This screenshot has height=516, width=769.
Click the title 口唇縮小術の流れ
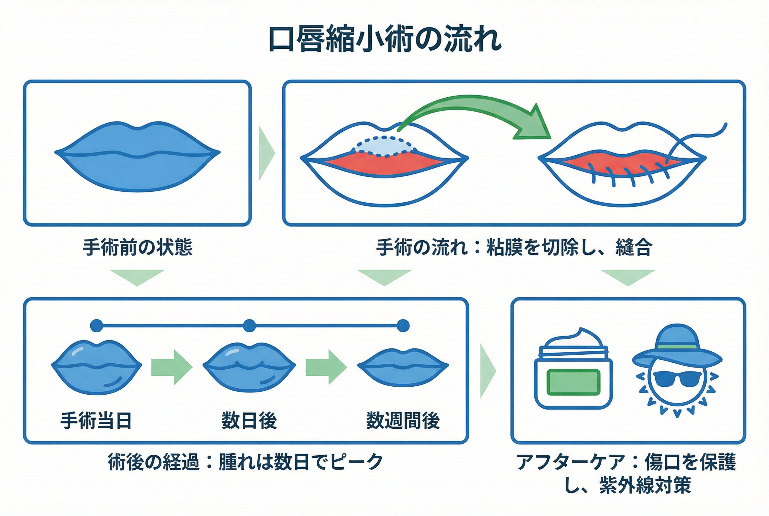384,40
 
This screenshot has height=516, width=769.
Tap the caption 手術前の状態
137,247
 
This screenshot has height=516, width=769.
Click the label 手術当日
96,420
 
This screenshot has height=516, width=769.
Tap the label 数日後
249,420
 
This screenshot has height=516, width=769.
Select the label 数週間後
403,420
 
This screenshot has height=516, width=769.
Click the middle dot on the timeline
249,326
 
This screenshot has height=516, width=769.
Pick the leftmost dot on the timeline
96,326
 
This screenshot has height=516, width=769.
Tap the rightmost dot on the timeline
403,326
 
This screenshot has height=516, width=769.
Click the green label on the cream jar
573,382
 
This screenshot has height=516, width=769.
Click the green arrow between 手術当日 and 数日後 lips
172,367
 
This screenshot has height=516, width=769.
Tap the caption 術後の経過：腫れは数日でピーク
245,462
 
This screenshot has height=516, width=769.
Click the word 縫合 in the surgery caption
634,247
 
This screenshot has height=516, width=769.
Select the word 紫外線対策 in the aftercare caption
645,485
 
